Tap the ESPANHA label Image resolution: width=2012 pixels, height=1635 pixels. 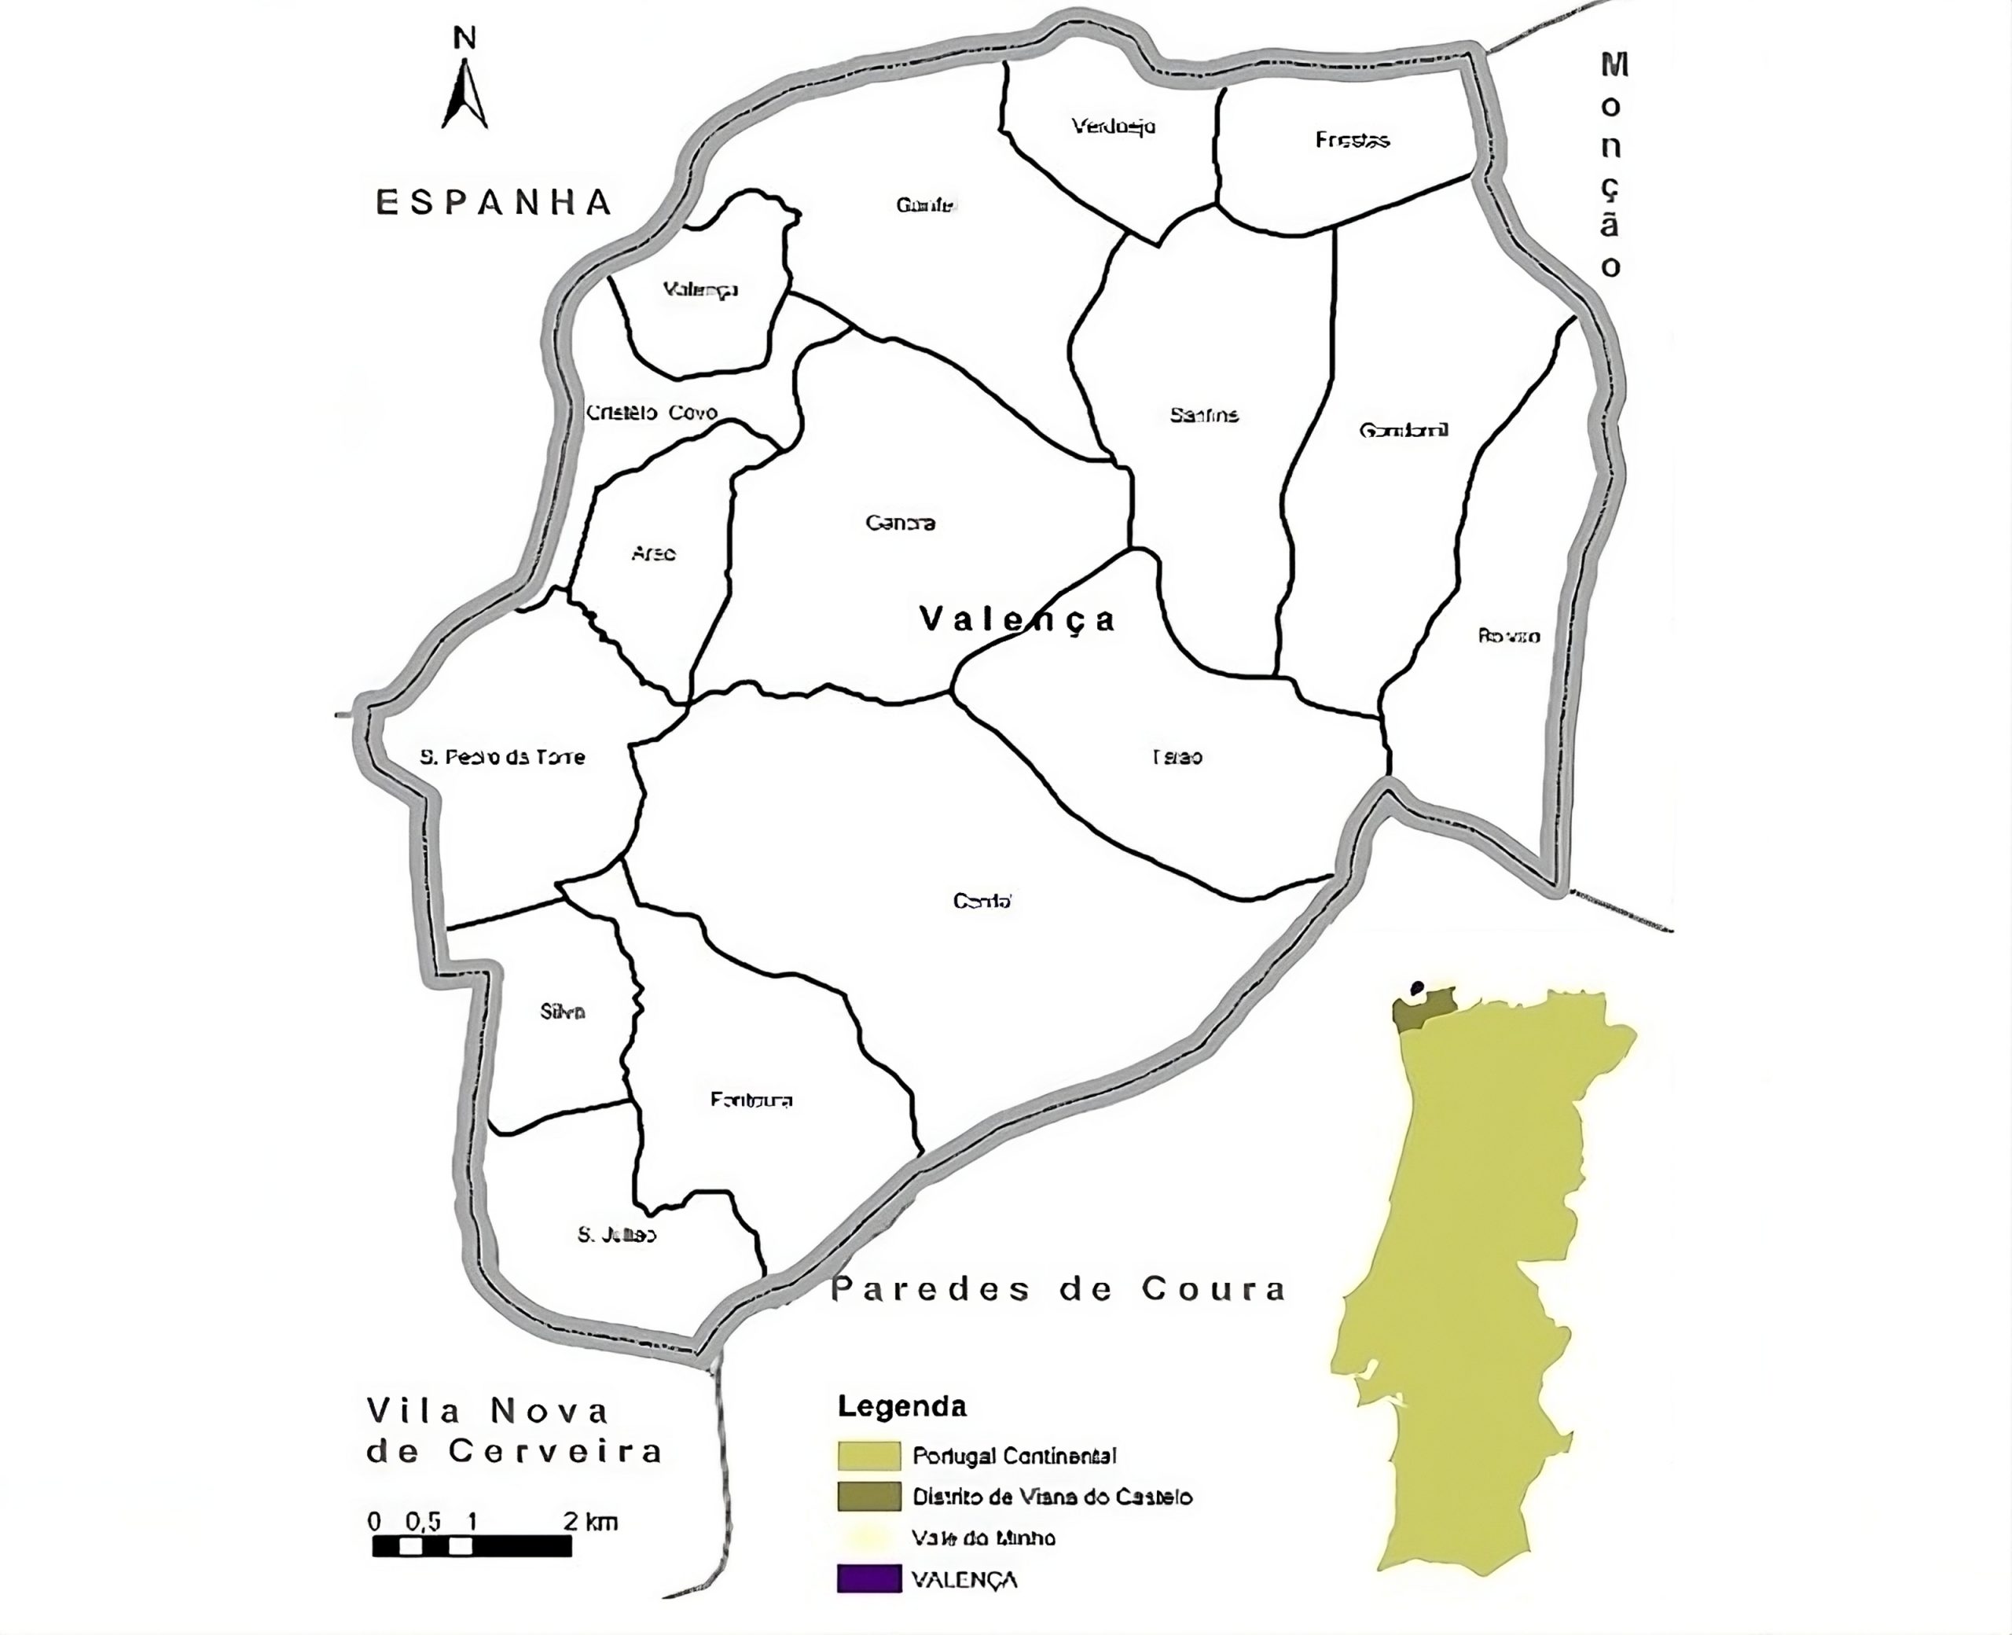pyautogui.click(x=494, y=203)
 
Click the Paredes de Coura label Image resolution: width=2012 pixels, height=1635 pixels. pyautogui.click(x=1057, y=1288)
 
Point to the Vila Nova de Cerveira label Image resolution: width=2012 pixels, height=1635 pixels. pyautogui.click(x=513, y=1431)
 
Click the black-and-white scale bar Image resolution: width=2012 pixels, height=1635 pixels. pyautogui.click(x=472, y=1546)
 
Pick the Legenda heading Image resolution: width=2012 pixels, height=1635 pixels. pyautogui.click(x=902, y=1406)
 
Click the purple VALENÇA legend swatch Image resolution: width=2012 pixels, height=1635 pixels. pyautogui.click(x=868, y=1579)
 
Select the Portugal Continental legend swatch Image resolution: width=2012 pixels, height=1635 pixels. pyautogui.click(x=868, y=1455)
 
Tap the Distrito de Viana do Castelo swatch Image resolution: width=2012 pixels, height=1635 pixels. pyautogui.click(x=868, y=1497)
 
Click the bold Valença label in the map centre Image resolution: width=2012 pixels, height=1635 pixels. pyautogui.click(x=1017, y=619)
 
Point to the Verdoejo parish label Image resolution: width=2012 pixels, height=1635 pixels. pyautogui.click(x=1113, y=127)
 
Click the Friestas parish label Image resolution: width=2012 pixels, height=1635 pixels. pyautogui.click(x=1352, y=141)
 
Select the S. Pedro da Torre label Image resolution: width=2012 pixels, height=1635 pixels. pyautogui.click(x=502, y=756)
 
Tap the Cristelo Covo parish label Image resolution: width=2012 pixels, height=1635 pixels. pyautogui.click(x=652, y=413)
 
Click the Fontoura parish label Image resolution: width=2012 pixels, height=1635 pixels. pyautogui.click(x=751, y=1099)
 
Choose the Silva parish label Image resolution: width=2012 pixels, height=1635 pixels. pyautogui.click(x=563, y=1012)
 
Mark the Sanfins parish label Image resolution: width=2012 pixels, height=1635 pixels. pyautogui.click(x=1204, y=414)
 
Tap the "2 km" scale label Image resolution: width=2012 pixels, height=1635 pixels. pyautogui.click(x=590, y=1521)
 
